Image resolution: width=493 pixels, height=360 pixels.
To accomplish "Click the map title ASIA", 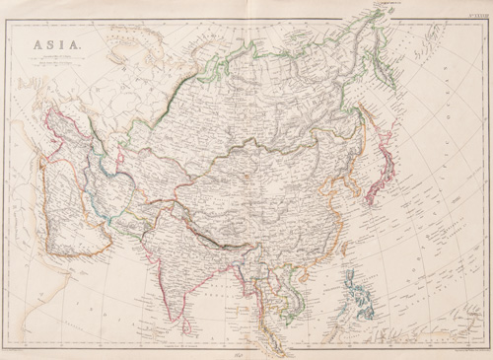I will [x=53, y=45].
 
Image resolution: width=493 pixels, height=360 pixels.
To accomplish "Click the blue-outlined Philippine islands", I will [x=361, y=296].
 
